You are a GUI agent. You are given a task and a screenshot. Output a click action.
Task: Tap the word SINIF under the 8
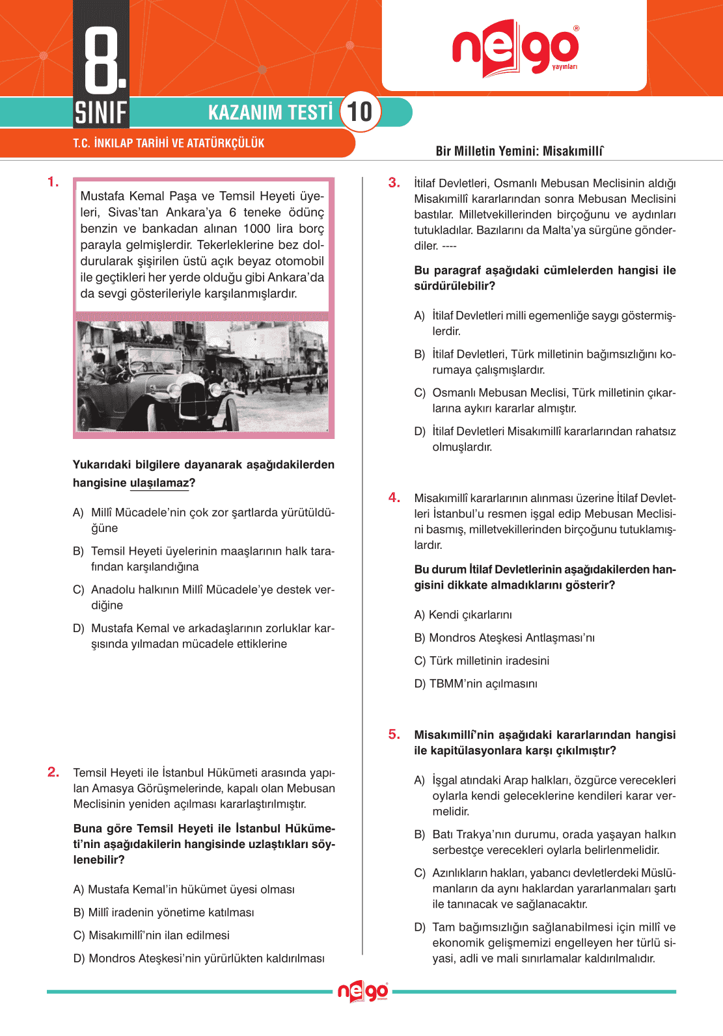[101, 113]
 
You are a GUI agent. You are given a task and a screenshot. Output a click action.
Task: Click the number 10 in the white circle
[360, 112]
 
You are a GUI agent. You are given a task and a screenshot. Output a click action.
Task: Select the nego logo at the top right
[515, 47]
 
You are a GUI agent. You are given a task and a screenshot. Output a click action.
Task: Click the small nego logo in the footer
[362, 992]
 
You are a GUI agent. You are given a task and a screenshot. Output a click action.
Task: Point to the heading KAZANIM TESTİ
[270, 113]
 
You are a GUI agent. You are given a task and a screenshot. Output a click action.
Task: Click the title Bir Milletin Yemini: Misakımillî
[519, 151]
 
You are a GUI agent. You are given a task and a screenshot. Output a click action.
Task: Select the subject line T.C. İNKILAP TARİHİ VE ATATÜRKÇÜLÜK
[169, 143]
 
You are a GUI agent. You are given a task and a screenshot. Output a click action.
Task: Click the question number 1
[53, 182]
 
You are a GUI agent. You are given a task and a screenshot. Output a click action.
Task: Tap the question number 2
[53, 772]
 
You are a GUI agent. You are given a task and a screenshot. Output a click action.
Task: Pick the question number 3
[394, 183]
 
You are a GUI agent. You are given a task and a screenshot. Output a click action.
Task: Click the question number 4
[394, 498]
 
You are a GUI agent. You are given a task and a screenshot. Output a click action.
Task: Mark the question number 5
[394, 734]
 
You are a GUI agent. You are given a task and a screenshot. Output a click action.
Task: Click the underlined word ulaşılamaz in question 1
[159, 483]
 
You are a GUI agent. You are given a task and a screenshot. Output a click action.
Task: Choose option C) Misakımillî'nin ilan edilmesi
[152, 935]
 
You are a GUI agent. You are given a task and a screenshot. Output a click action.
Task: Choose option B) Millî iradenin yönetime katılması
[164, 912]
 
